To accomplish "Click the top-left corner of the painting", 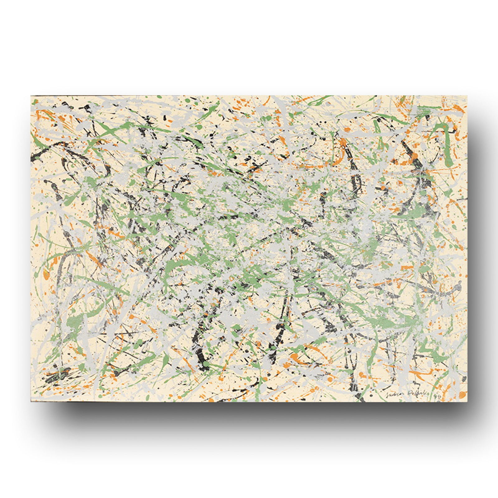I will point(31,96).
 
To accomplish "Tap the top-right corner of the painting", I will point(467,96).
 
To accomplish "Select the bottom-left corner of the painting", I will point(31,402).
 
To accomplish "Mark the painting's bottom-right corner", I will point(467,402).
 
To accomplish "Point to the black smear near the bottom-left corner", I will point(61,374).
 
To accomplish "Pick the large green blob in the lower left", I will point(73,322).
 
